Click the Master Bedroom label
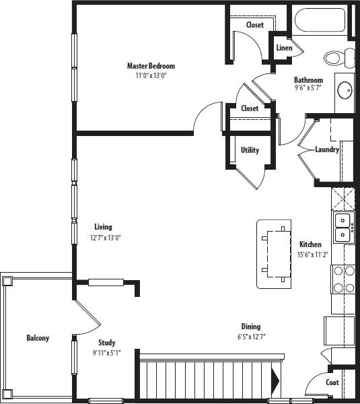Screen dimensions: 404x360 151,66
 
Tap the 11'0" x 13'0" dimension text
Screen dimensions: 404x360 151,76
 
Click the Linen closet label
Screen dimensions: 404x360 284,48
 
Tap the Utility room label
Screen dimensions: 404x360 250,150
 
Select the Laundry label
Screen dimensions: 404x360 326,149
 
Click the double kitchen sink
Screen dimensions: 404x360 343,228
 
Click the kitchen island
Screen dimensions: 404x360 275,255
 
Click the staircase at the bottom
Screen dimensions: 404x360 205,378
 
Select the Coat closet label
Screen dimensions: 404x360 332,382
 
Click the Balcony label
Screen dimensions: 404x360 38,338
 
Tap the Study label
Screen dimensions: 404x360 106,343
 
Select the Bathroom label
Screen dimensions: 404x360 308,80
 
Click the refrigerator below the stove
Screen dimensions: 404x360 340,330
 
